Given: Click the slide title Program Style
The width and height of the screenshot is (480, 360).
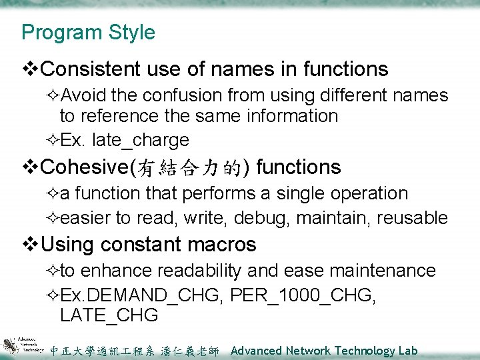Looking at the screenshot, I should tap(87, 33).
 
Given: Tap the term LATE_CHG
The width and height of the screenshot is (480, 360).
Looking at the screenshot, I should tap(109, 315).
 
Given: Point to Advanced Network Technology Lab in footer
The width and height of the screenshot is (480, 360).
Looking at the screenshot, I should tap(323, 351).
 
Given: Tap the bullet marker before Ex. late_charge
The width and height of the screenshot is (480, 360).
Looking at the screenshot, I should tap(53, 140).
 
